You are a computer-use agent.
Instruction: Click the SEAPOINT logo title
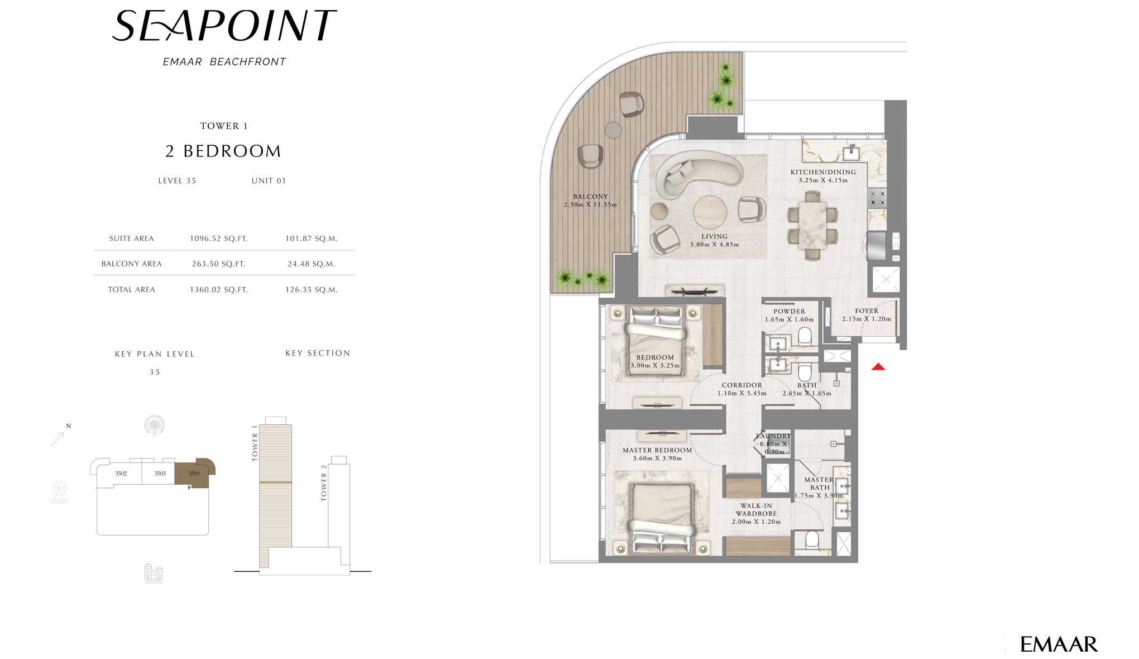pyautogui.click(x=224, y=26)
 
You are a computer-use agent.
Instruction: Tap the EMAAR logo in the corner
pyautogui.click(x=1059, y=644)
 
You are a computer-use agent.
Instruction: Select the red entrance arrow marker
pyautogui.click(x=878, y=367)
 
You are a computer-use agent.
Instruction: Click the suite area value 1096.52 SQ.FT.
pyautogui.click(x=218, y=238)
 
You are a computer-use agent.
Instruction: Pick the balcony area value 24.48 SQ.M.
pyautogui.click(x=311, y=264)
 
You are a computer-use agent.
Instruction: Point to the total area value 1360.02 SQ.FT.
pyautogui.click(x=218, y=290)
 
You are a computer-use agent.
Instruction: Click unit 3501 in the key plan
pyautogui.click(x=194, y=474)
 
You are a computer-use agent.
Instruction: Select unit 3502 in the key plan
pyautogui.click(x=121, y=474)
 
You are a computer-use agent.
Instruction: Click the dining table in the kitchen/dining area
pyautogui.click(x=812, y=224)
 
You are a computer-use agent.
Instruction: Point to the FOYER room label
pyautogui.click(x=867, y=311)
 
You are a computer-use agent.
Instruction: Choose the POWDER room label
pyautogui.click(x=789, y=312)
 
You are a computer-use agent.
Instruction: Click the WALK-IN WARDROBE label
pyautogui.click(x=756, y=510)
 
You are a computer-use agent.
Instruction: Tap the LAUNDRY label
pyautogui.click(x=773, y=436)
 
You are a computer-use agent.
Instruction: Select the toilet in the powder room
pyautogui.click(x=805, y=335)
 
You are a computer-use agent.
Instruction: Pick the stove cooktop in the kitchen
pyautogui.click(x=877, y=197)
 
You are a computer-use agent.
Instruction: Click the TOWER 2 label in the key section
pyautogui.click(x=324, y=483)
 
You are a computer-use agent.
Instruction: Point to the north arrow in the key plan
pyautogui.click(x=58, y=439)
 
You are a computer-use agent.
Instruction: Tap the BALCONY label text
pyautogui.click(x=590, y=197)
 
